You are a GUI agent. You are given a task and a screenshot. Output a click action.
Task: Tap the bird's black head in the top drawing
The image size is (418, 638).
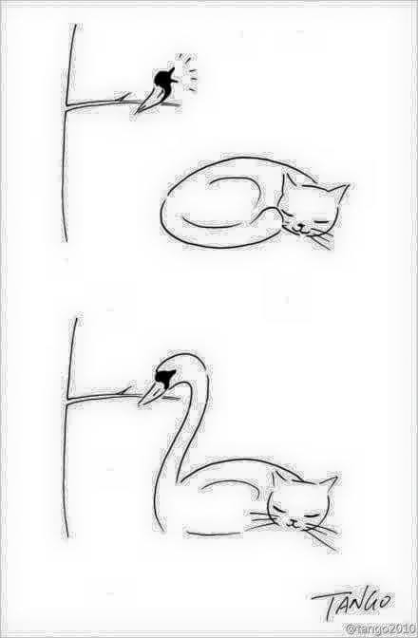[x=164, y=78]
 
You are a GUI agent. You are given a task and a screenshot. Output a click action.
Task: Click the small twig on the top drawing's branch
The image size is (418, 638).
[x=123, y=97]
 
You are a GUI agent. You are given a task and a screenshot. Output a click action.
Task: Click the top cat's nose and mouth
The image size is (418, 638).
[x=299, y=228]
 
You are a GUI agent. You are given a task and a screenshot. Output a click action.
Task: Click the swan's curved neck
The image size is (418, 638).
[x=180, y=440]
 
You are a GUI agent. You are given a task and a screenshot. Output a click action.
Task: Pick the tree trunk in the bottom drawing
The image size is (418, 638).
[x=68, y=427]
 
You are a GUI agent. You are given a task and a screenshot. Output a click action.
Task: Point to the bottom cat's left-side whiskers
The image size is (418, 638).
[x=262, y=520]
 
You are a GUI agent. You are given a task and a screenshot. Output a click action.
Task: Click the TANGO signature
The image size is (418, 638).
[x=352, y=604]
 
